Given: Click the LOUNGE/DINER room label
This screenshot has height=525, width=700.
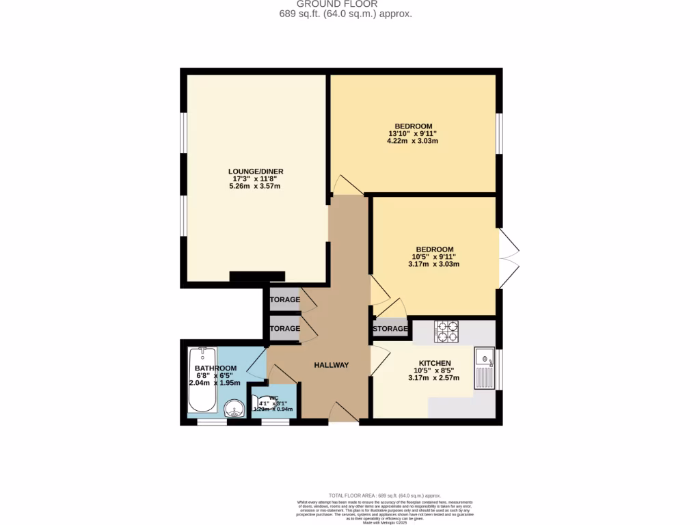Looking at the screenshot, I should [256, 171].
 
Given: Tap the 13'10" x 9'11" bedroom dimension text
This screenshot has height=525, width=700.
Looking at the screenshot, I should [412, 133].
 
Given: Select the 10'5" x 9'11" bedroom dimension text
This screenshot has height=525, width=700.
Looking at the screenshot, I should [434, 257].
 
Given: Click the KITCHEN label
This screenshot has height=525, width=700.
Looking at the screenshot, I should [434, 363].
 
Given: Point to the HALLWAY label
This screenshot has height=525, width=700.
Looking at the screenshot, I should [332, 365].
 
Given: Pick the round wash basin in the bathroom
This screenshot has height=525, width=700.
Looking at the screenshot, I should [234, 409].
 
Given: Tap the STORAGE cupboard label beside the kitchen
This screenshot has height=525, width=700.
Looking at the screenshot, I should [390, 329].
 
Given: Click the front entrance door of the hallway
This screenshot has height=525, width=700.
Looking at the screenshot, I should [342, 412].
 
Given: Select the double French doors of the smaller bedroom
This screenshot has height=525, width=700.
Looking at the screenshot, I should [508, 258].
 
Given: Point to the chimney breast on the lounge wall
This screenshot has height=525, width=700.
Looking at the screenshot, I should [257, 276].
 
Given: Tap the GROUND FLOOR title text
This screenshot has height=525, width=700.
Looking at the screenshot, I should [347, 4].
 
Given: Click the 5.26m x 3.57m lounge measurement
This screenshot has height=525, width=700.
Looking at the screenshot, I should [256, 186].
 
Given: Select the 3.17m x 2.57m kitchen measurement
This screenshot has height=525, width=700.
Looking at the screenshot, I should [434, 378].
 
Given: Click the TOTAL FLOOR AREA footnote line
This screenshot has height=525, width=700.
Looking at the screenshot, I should [385, 495].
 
